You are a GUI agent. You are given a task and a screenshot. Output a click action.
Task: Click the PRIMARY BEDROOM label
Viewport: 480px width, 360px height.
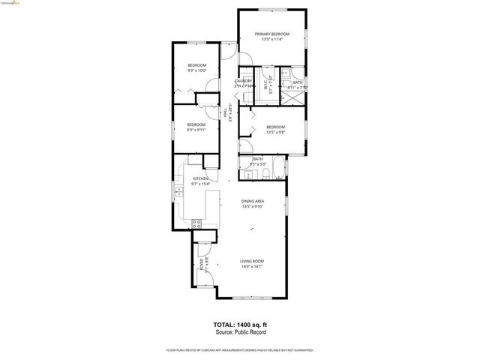point(271,34)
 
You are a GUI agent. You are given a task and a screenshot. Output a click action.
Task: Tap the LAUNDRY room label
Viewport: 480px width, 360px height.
point(244,81)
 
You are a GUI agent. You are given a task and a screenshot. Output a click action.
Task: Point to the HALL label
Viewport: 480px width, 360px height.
point(226,113)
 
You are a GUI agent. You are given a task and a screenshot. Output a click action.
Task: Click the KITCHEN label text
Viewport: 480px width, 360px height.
point(190,178)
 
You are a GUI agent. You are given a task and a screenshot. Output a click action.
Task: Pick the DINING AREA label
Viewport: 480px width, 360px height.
point(252,202)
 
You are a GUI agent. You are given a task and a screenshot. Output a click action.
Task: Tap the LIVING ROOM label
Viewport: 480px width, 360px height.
point(252,261)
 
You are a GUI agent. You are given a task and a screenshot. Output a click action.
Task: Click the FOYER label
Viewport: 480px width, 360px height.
point(202,264)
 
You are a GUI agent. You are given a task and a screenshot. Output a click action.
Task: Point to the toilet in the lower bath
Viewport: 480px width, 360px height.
point(266,175)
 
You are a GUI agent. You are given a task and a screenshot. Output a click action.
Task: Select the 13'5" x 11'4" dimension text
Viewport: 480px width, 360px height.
point(271,40)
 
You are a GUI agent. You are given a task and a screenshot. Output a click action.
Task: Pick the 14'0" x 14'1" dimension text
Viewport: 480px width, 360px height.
point(252,266)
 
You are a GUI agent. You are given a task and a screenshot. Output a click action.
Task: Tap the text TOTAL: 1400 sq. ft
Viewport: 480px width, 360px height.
point(239,325)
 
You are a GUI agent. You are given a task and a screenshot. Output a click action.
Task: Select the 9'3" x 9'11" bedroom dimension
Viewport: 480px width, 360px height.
point(196,130)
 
